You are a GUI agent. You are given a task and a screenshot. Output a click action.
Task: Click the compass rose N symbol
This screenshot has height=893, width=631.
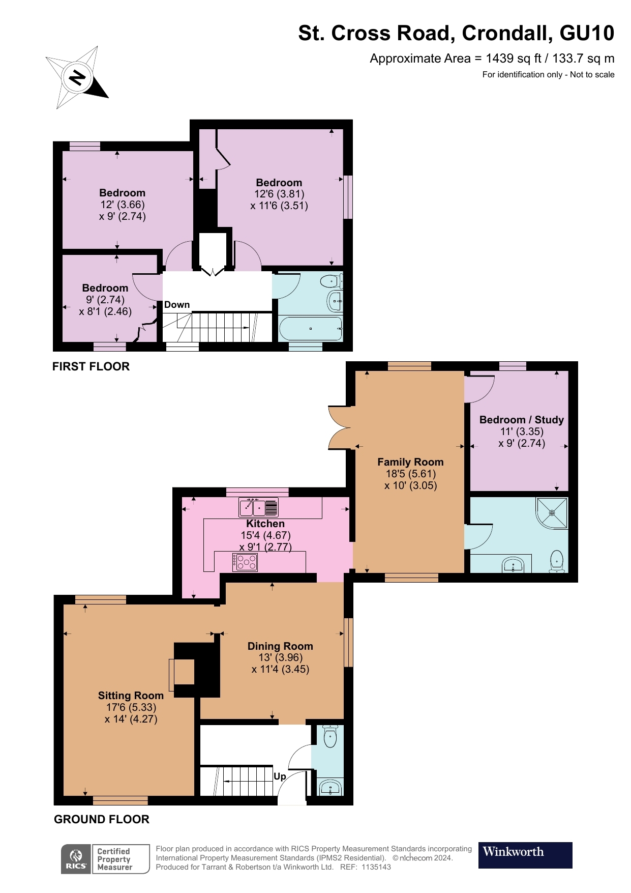pos(77,78)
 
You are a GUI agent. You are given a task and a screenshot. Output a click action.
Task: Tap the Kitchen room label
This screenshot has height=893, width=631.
pos(265,524)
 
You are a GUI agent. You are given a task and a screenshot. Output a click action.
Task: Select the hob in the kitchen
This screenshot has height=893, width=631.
pos(246,562)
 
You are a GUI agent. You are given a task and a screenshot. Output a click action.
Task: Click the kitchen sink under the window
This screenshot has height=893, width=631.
pos(259,507)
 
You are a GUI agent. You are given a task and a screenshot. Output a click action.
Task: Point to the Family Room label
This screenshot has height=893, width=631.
pos(410,462)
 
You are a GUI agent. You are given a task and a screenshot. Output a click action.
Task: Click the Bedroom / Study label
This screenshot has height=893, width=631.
pos(522,420)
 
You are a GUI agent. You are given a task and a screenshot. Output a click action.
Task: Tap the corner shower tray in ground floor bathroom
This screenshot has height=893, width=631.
pos(553,512)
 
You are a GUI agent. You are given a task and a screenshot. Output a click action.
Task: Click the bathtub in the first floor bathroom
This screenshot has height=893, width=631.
pos(310,329)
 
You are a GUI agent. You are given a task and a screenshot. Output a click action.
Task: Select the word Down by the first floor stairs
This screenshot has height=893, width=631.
pos(177,305)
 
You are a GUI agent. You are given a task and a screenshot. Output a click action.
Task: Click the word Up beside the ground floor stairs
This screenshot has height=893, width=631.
pos(280,776)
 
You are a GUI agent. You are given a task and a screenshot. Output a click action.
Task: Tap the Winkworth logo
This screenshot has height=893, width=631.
pos(525,855)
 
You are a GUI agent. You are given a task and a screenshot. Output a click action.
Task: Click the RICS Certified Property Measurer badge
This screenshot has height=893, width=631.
pos(105,859)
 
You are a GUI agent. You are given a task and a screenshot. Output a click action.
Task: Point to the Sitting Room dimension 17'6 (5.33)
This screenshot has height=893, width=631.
pos(131,707)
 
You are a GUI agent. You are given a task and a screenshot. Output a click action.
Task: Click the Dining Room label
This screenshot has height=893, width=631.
pos(280,646)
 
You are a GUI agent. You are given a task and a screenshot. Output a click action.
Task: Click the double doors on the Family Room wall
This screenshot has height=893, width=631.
pos(339,427)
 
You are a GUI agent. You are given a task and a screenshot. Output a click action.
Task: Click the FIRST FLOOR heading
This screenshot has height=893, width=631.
pos(91,366)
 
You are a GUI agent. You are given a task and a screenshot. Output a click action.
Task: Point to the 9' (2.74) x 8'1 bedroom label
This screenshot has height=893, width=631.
pos(105,300)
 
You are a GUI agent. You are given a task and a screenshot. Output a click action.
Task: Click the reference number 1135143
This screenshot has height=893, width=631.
pos(376,867)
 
